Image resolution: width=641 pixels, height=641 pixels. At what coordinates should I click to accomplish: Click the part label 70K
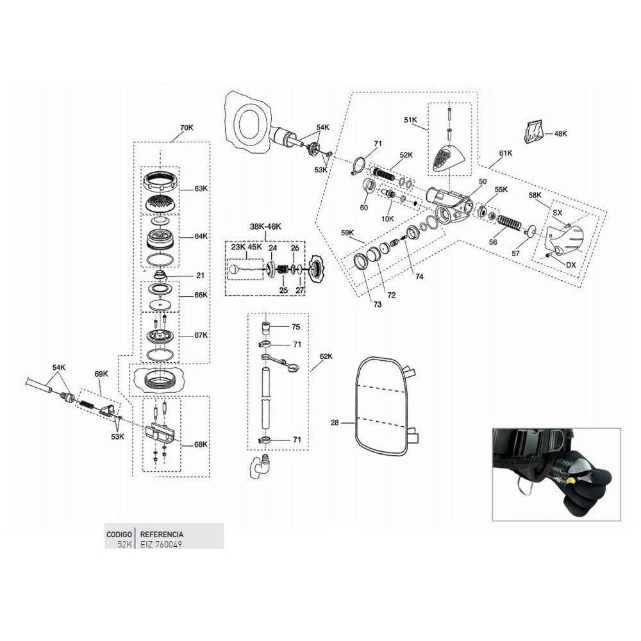(x=187, y=128)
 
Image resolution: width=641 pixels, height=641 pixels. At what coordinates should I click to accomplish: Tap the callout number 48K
(x=560, y=134)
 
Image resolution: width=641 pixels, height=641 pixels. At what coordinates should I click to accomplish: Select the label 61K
(x=505, y=153)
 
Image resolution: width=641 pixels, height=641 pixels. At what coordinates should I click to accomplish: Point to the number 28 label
(x=335, y=422)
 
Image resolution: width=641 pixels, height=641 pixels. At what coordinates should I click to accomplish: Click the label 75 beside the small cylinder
(x=296, y=327)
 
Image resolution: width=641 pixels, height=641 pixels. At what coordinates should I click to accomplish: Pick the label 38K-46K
(x=265, y=227)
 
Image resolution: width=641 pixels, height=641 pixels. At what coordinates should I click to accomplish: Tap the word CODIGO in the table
(x=119, y=535)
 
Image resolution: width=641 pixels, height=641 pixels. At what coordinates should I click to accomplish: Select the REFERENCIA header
(x=162, y=535)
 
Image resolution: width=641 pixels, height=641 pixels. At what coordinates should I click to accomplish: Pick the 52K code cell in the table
(x=124, y=544)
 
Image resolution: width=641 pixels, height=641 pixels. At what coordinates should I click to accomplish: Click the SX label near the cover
(x=557, y=213)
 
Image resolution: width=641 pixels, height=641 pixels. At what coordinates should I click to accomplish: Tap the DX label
(x=570, y=265)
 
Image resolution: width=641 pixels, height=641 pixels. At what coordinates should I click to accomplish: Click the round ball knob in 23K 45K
(x=234, y=269)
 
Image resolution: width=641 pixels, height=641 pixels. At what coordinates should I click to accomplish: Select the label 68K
(x=201, y=444)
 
